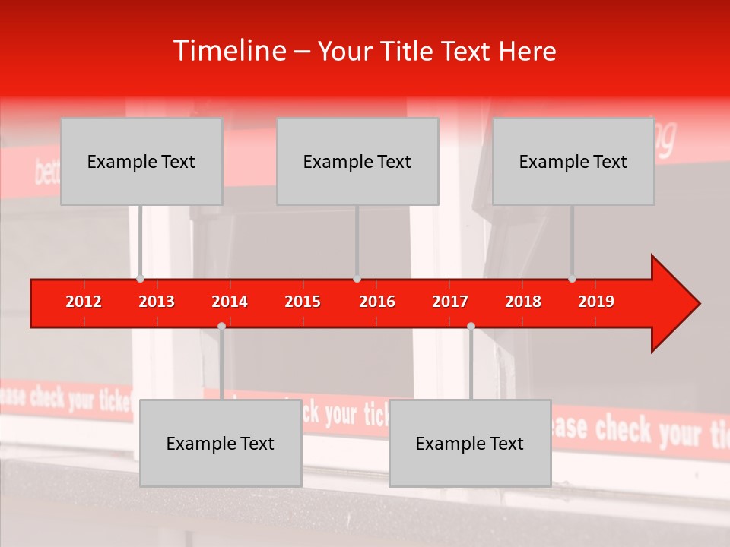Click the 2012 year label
pos(84,302)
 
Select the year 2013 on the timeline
pos(157,302)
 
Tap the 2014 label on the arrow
pos(230,302)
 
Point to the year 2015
pos(303,302)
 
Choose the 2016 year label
pos(377,302)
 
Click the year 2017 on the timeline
pos(450,302)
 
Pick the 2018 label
pos(523,302)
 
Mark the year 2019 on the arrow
pos(596,302)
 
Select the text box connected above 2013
pos(141,161)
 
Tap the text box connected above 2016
pos(357,161)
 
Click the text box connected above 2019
pos(573,161)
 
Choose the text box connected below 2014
pos(221,443)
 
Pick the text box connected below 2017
pos(470,443)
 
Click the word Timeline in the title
pos(228,51)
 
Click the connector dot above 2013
pos(140,278)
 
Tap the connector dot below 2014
pos(221,326)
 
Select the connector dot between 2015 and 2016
pos(357,278)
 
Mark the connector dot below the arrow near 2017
pos(471,326)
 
